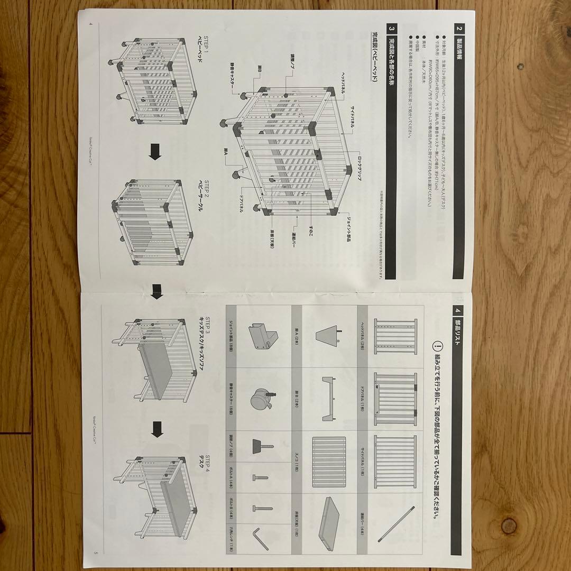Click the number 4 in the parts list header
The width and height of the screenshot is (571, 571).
click(458, 310)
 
